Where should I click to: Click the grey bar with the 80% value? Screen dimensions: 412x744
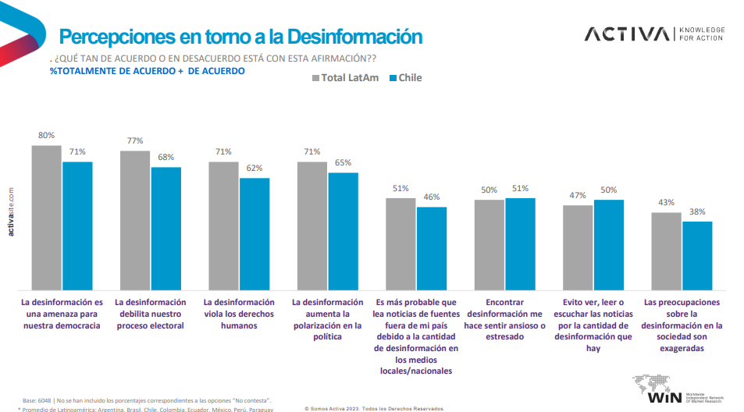[x=46, y=217]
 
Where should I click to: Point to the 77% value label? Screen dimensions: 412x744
[x=135, y=141]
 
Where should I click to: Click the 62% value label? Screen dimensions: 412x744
[x=255, y=168]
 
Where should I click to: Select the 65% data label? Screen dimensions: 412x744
[x=343, y=162]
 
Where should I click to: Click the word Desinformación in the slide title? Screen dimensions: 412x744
[x=354, y=37]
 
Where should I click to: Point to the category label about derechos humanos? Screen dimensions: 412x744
[x=239, y=314]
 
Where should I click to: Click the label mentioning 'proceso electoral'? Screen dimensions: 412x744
[x=151, y=314]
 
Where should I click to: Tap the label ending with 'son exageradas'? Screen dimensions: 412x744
[x=683, y=325]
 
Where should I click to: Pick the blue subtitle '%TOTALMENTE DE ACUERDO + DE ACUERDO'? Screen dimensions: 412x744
[x=147, y=71]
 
